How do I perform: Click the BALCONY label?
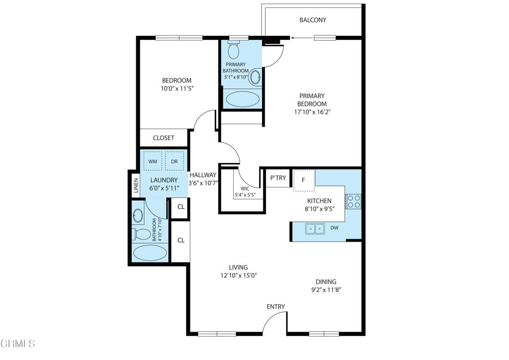click(x=313, y=20)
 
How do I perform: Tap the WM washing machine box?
click(x=152, y=161)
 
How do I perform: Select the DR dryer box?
click(x=174, y=161)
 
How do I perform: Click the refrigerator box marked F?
click(x=303, y=180)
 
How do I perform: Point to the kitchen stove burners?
click(x=353, y=201)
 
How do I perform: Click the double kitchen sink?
click(x=314, y=229)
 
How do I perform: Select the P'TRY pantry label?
click(x=277, y=178)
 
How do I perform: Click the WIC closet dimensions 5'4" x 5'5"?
click(x=246, y=195)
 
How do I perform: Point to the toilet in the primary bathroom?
click(x=233, y=50)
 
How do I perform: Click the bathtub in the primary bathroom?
click(x=242, y=98)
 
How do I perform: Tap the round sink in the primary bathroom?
click(x=255, y=77)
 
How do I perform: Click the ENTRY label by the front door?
click(x=276, y=307)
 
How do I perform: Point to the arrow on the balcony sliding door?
click(x=298, y=37)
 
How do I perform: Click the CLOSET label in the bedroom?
click(x=164, y=138)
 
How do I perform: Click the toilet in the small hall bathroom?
click(x=143, y=234)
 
